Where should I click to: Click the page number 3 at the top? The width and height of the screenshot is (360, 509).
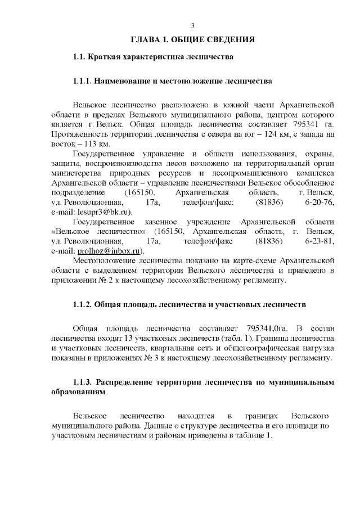coord(192,26)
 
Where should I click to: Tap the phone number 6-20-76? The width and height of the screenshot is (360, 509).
coord(320,202)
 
